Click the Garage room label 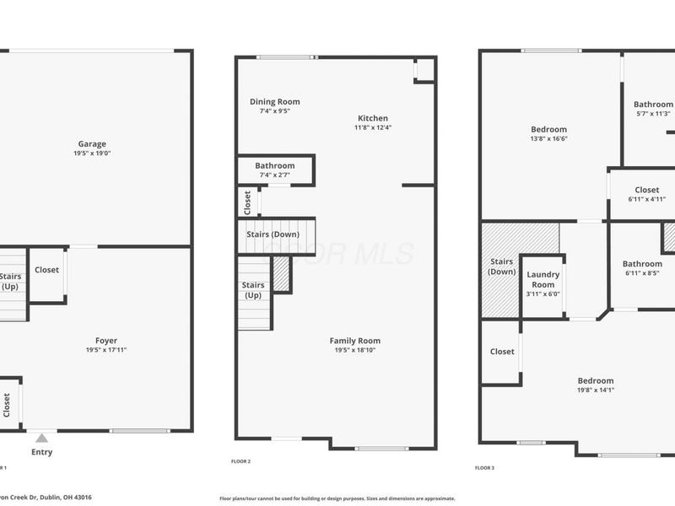(92, 144)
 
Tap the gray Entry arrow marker (41, 438)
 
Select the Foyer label (106, 341)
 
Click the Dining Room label (274, 102)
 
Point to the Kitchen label (373, 118)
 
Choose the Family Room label (354, 341)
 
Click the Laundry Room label (543, 279)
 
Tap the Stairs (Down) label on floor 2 (273, 234)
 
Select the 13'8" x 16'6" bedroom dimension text (548, 139)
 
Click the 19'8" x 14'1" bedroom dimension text (597, 390)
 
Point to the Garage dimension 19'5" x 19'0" (92, 153)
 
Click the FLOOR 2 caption (240, 461)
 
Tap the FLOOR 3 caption (484, 467)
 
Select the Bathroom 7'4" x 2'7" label (274, 166)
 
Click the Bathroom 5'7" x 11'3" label (653, 105)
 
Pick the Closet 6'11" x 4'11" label (647, 191)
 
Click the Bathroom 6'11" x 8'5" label (642, 264)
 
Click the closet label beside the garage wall (46, 270)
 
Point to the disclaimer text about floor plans (337, 498)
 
